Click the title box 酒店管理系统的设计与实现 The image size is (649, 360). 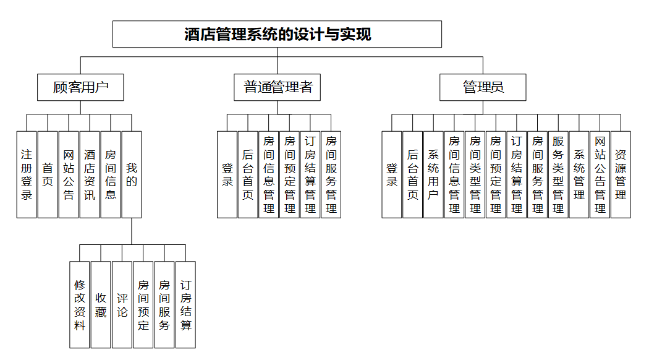click(277, 34)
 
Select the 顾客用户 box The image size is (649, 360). click(80, 87)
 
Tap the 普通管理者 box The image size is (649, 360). click(278, 87)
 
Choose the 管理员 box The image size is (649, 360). click(483, 87)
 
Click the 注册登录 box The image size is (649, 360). click(27, 174)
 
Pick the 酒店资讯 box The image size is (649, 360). click(90, 174)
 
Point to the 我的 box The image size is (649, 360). click(132, 174)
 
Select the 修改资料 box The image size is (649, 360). click(80, 304)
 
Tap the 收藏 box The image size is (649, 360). click(101, 304)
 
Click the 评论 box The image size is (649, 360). click(122, 304)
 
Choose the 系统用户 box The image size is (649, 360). click(433, 174)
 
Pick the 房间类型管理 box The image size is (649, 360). click(475, 174)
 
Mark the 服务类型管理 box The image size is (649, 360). click(558, 174)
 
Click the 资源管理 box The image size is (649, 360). click(621, 174)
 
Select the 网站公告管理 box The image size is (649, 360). click(600, 174)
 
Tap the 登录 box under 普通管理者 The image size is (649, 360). click(227, 174)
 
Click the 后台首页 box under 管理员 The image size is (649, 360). click(412, 174)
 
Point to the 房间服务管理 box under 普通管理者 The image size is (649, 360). click(331, 174)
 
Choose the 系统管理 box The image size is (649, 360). click(579, 174)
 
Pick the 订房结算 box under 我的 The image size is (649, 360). click(185, 304)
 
